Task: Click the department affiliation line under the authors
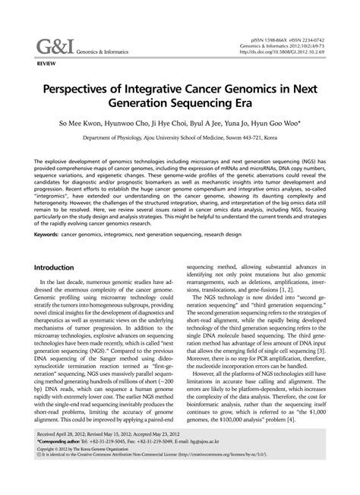tap(179, 140)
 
